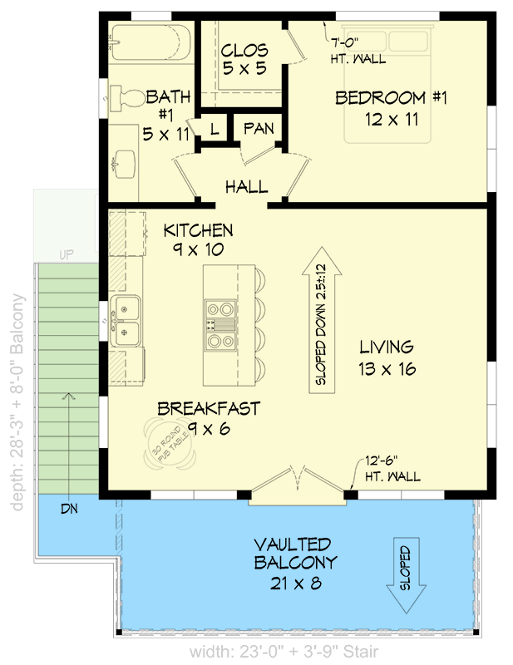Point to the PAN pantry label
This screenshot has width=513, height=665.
pyautogui.click(x=259, y=129)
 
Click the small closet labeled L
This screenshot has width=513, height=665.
pyautogui.click(x=214, y=129)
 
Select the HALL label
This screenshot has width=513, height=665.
pyautogui.click(x=246, y=187)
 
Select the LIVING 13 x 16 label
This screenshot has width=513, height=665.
pyautogui.click(x=387, y=357)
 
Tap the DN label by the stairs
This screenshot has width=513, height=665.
pyautogui.click(x=69, y=508)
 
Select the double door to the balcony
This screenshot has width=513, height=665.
pyautogui.click(x=298, y=486)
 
